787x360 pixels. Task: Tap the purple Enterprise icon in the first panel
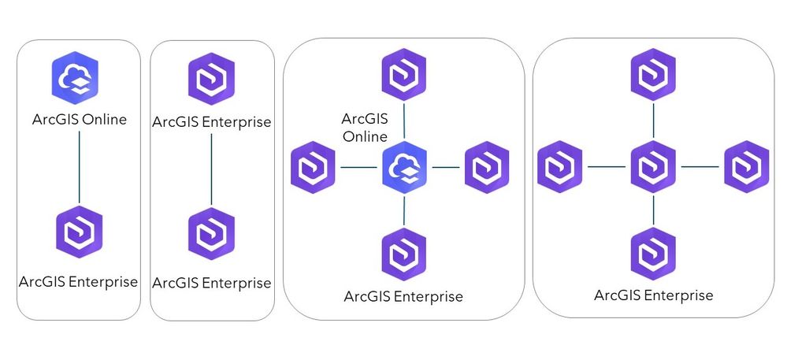pos(79,232)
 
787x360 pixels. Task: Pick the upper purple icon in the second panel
pos(211,76)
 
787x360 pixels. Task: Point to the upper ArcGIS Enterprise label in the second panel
pos(211,122)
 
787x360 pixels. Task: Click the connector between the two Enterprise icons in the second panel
pos(211,169)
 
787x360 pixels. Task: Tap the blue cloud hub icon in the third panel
pos(404,167)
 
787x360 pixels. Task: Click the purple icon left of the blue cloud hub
pos(314,167)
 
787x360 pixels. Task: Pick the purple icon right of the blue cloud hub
pos(487,167)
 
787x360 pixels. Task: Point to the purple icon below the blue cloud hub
pos(404,254)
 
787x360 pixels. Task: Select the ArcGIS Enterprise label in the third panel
pos(403,297)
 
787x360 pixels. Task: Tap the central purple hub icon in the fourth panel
pos(654,166)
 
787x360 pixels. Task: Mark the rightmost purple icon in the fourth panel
pos(746,166)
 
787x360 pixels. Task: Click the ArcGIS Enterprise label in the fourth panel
pos(654,295)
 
